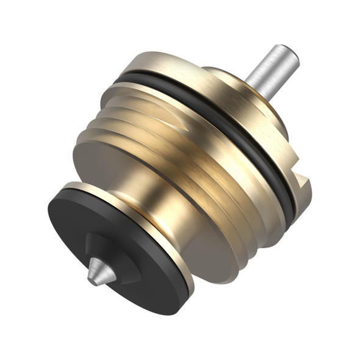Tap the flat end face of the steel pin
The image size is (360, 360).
click(289, 54)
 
